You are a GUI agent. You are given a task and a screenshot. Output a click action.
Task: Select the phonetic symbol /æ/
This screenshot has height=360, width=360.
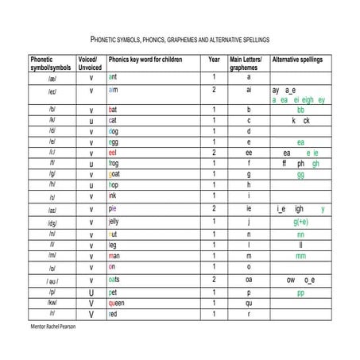point(52,77)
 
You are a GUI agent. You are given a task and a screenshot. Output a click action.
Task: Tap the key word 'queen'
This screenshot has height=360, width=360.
point(117,303)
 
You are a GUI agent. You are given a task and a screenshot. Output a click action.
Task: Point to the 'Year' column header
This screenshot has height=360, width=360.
point(214,59)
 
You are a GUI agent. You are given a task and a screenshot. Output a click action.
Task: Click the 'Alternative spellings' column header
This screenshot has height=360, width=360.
point(300,59)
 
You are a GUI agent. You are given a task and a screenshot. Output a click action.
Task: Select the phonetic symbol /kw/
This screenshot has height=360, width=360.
point(52,303)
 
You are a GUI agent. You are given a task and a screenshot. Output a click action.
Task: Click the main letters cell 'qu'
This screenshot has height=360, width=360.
point(249,303)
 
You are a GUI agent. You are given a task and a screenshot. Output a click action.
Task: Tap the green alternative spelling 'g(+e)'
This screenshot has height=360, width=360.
point(300,222)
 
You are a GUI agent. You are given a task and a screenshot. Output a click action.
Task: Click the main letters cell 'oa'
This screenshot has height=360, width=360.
point(249,280)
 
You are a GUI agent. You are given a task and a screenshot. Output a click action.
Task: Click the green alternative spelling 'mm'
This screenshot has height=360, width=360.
point(300,256)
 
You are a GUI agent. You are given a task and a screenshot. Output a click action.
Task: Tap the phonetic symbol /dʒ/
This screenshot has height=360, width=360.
point(52,223)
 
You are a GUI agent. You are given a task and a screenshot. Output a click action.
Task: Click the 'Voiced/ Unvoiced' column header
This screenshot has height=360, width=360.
point(90,63)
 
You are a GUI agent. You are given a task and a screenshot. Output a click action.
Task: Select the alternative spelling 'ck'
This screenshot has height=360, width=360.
point(307,120)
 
